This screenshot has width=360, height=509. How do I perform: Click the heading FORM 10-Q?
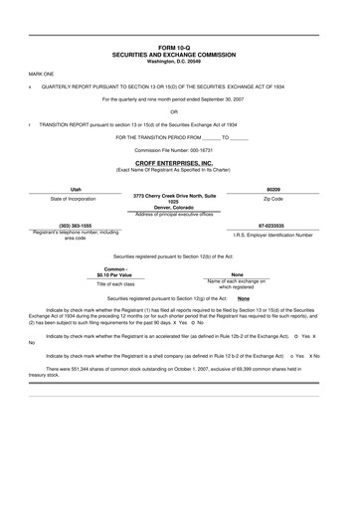tap(180, 47)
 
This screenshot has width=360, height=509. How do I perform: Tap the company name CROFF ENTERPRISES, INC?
tap(180, 162)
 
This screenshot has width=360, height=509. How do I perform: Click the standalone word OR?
tap(180, 111)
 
